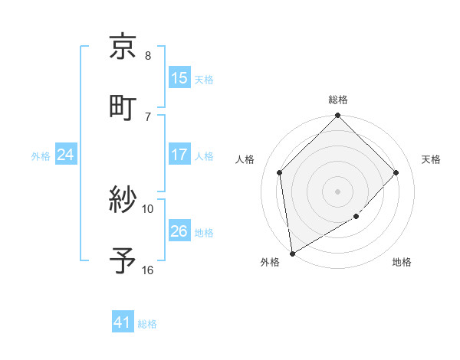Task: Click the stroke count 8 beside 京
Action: pyautogui.click(x=148, y=56)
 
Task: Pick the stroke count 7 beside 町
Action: pyautogui.click(x=148, y=116)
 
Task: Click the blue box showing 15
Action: pyautogui.click(x=179, y=78)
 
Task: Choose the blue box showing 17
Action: pyautogui.click(x=179, y=155)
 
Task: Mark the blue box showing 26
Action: pyautogui.click(x=179, y=231)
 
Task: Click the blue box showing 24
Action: pyautogui.click(x=66, y=155)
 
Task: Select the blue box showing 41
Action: pyautogui.click(x=123, y=323)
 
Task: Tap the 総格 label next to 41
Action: pyautogui.click(x=147, y=324)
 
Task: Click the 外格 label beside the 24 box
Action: pyautogui.click(x=41, y=155)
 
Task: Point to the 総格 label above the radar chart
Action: pyautogui.click(x=337, y=100)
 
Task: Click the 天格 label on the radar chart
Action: pyautogui.click(x=431, y=159)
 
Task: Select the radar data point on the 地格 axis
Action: pyautogui.click(x=356, y=217)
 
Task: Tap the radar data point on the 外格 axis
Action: pyautogui.click(x=292, y=253)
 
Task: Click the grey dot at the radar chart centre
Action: pyautogui.click(x=337, y=191)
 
